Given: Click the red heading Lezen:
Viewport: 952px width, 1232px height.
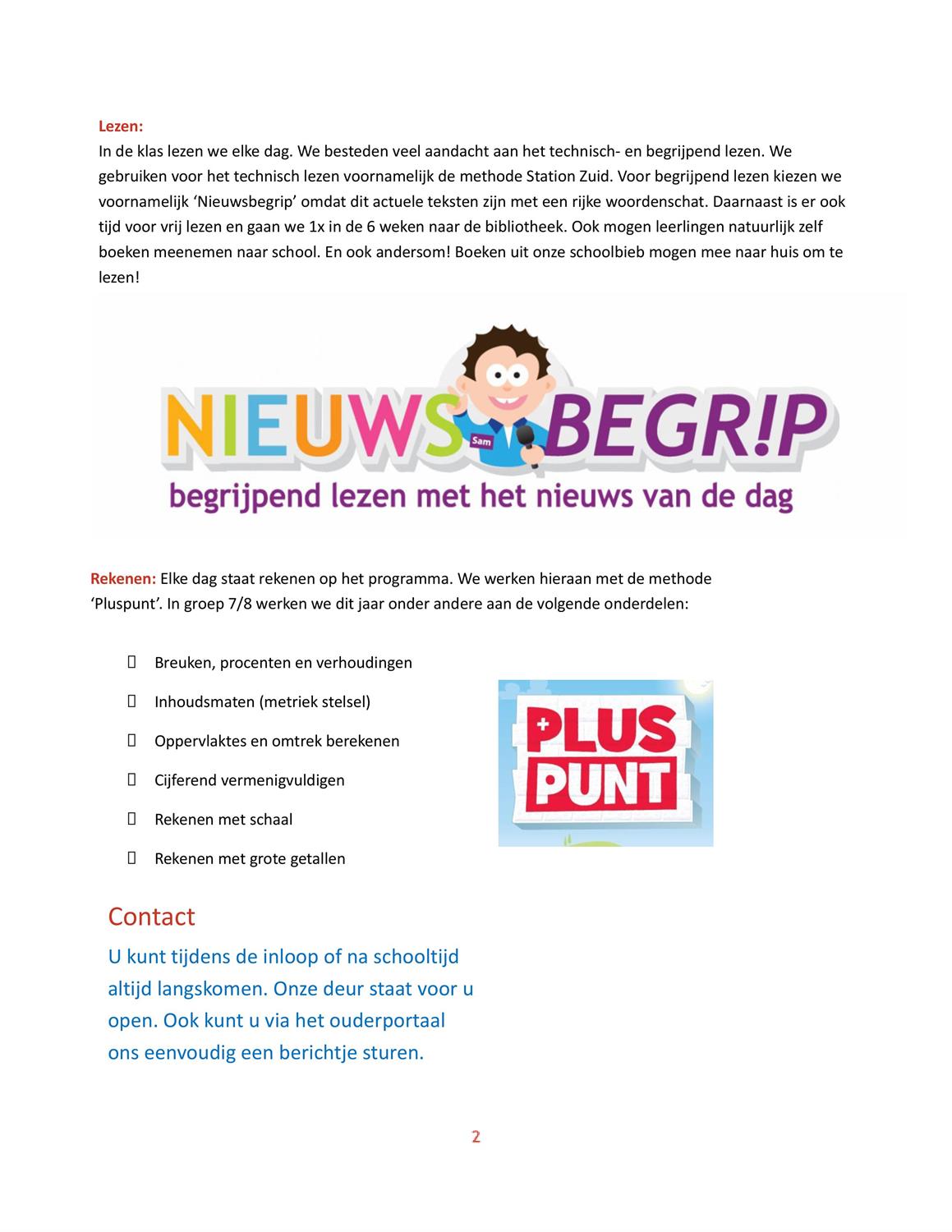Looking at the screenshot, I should coord(121,126).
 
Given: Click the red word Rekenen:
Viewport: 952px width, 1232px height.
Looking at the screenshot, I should coord(123,578).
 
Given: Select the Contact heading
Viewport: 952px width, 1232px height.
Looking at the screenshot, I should coord(151,917).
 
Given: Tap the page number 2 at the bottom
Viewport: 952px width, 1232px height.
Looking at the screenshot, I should coord(476,1137).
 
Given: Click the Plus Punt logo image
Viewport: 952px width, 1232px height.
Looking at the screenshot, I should coord(605,762).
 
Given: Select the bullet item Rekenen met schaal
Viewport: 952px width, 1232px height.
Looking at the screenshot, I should coord(223,820).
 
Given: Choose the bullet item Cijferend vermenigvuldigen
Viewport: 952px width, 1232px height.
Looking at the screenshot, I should coord(250,780).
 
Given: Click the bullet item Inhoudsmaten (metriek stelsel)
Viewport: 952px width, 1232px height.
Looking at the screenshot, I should coord(262,702).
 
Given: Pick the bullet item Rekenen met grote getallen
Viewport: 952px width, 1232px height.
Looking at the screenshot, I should coord(250,859).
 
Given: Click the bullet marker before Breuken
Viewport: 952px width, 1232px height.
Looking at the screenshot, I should coord(131,662).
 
